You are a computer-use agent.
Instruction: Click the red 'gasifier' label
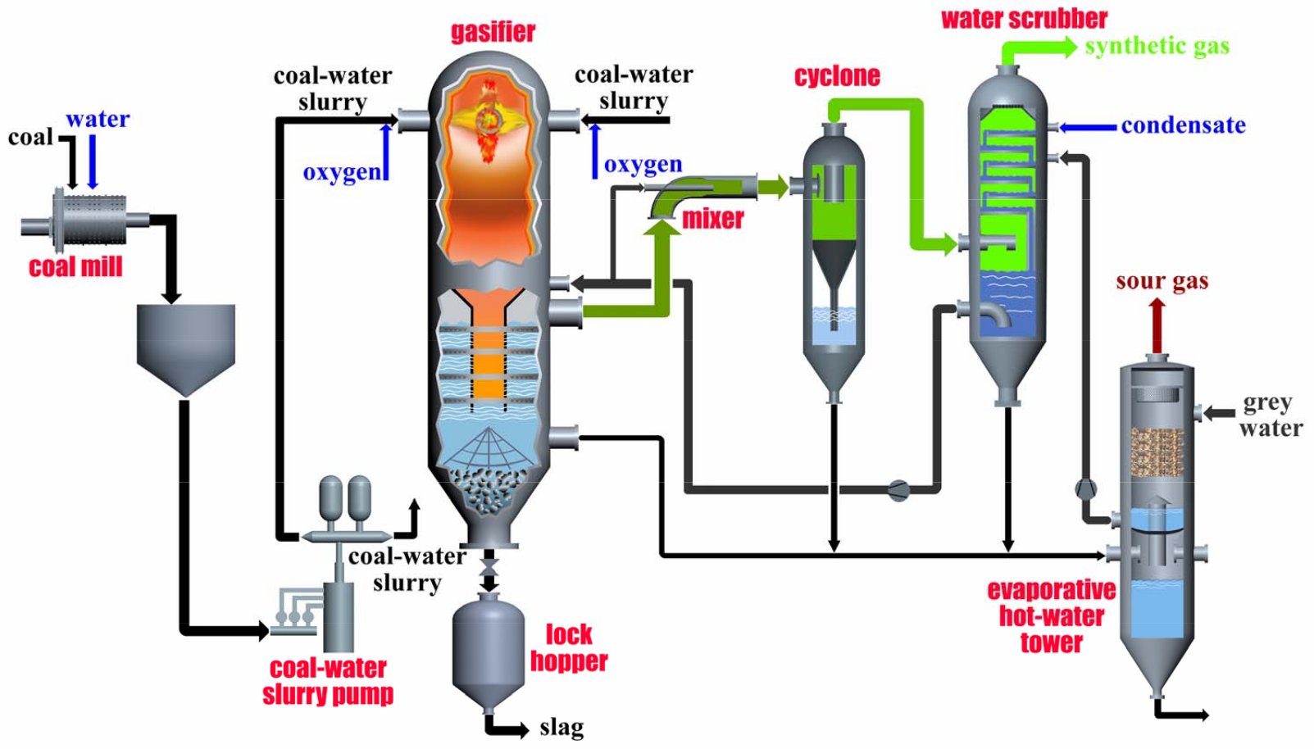[493, 32]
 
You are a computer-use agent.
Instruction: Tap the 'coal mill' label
[75, 267]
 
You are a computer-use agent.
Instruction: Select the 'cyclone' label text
[837, 76]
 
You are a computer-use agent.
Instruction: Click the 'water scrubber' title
[1024, 18]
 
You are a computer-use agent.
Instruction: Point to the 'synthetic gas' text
[1157, 46]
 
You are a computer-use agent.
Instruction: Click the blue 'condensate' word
[1183, 125]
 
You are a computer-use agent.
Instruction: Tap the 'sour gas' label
[1162, 281]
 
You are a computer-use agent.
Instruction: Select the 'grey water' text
[1269, 415]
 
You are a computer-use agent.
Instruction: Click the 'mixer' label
[713, 219]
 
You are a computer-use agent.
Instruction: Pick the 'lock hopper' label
[568, 647]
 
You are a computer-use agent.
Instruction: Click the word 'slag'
[562, 727]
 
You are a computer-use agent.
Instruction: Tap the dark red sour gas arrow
[1157, 325]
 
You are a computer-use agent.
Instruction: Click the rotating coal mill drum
[90, 219]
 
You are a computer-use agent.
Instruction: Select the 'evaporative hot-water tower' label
[1051, 615]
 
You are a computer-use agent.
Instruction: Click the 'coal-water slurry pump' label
[328, 681]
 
